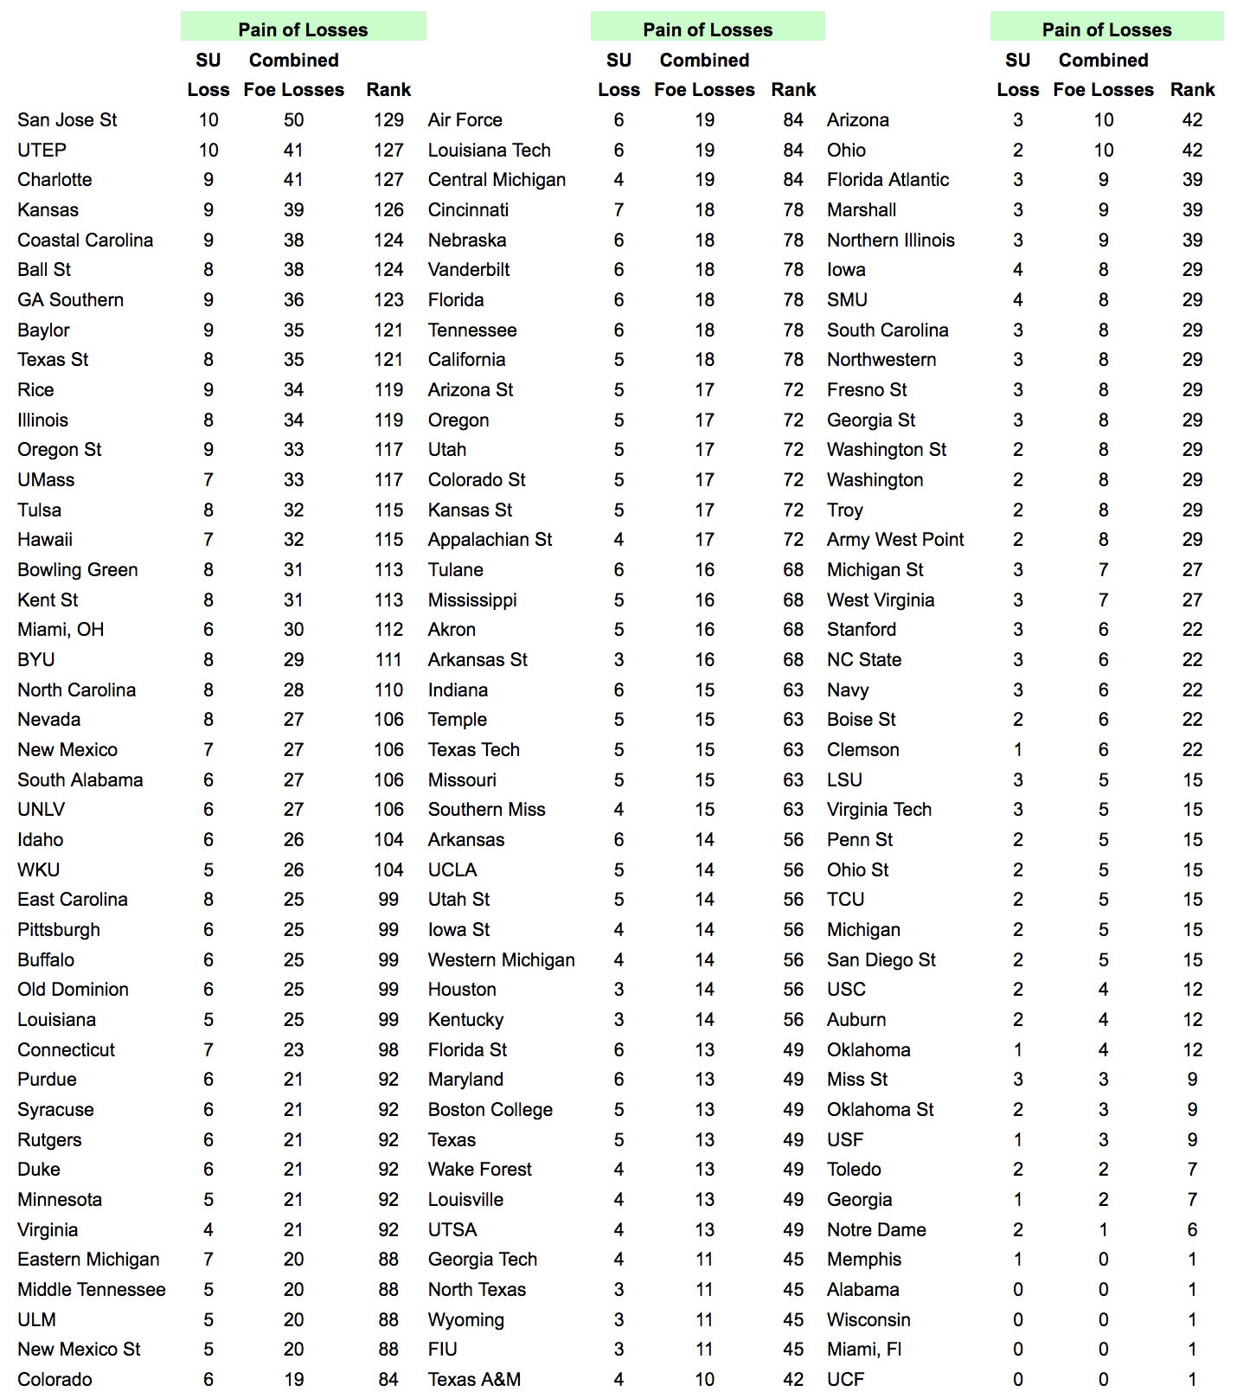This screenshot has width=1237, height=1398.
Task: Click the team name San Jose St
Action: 67,120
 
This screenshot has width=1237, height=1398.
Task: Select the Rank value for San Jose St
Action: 388,120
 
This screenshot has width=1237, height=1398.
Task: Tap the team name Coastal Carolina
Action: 85,240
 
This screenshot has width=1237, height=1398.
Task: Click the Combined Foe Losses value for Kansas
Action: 293,210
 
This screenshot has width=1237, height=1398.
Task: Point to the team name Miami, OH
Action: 61,630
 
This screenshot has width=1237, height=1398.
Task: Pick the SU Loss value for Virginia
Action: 208,1230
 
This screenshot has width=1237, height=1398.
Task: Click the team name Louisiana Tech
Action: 489,151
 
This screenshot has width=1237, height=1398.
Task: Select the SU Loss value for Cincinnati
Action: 618,210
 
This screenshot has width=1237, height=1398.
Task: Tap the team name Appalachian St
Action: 490,540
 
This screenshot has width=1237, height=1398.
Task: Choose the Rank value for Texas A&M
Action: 793,1380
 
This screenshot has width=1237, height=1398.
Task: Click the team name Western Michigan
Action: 501,960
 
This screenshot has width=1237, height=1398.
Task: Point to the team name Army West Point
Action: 894,540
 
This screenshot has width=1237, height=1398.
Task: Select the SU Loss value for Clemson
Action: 1017,750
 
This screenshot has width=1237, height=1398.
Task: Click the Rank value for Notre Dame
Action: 1192,1230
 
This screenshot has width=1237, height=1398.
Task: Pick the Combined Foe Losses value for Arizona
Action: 1103,120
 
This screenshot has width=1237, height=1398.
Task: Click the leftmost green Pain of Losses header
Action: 303,29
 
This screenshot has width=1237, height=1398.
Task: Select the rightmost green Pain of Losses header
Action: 1106,29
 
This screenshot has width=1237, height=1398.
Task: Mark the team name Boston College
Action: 490,1110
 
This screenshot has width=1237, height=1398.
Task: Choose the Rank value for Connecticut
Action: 388,1050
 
